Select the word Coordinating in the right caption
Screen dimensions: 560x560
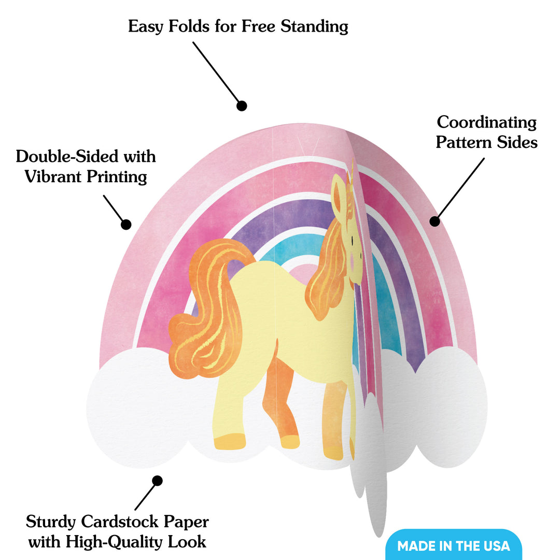click(486, 122)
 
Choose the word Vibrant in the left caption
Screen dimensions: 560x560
click(53, 176)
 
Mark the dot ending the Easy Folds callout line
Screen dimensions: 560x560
click(242, 106)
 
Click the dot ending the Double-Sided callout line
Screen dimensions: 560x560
click(125, 225)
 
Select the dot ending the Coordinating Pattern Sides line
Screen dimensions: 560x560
click(435, 221)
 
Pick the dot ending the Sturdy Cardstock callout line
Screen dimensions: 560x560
click(157, 481)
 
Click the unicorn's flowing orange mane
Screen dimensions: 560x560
click(327, 271)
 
